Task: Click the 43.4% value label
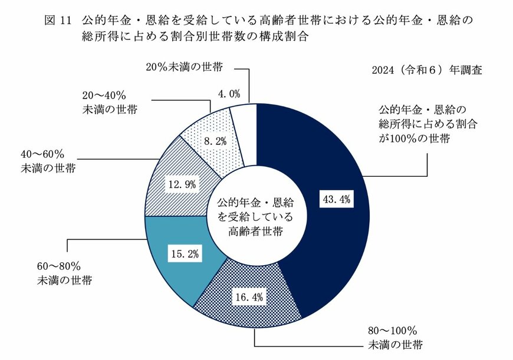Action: pyautogui.click(x=337, y=200)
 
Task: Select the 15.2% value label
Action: pyautogui.click(x=185, y=255)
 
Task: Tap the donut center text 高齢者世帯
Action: pyautogui.click(x=256, y=230)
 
